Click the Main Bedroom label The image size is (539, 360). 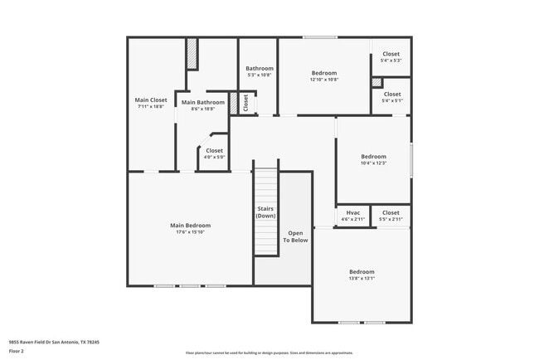click(x=190, y=226)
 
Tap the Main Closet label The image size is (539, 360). click(x=150, y=100)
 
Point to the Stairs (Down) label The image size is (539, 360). click(x=265, y=212)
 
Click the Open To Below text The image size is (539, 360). click(x=295, y=236)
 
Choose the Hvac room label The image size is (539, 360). click(x=352, y=212)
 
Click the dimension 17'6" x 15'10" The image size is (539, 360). click(x=190, y=232)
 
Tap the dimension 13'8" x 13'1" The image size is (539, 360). click(x=361, y=279)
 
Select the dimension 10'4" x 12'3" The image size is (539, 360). click(x=373, y=163)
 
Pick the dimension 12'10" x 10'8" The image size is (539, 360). click(x=323, y=80)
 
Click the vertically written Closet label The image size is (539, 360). click(x=245, y=102)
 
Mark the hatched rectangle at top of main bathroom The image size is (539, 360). click(x=192, y=55)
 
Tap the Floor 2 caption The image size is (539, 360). click(x=17, y=351)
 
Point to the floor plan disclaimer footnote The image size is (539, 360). click(x=269, y=353)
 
